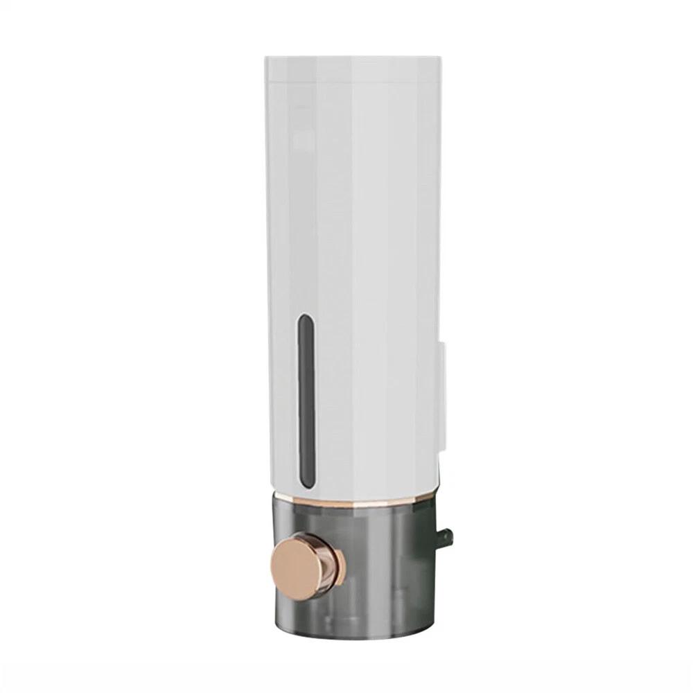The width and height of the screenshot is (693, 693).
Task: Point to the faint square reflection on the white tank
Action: [x=302, y=139]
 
